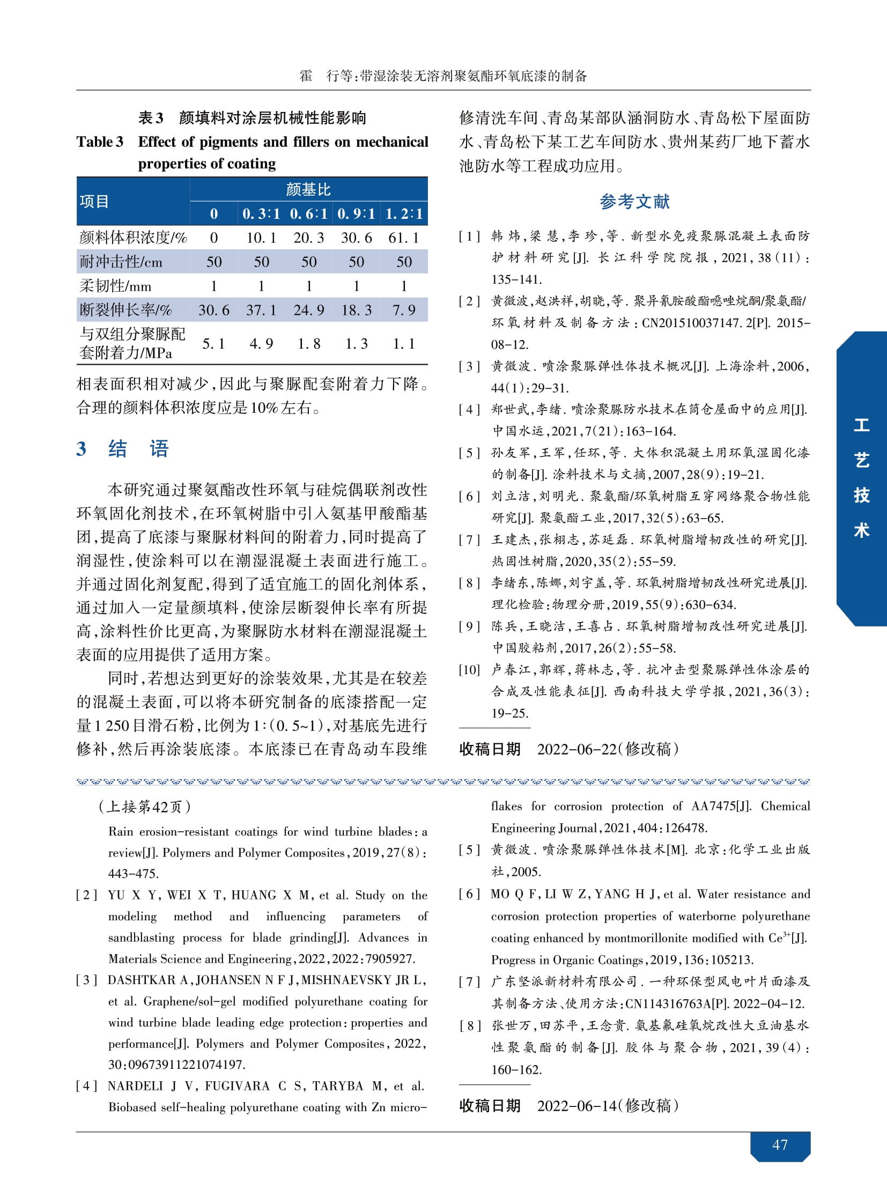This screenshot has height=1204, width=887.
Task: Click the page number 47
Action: point(780,1144)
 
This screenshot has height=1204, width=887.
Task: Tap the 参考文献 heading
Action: point(634,202)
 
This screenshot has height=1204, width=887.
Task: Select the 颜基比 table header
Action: point(308,189)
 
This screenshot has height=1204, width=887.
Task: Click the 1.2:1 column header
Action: point(404,214)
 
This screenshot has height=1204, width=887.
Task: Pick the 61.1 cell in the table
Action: point(404,238)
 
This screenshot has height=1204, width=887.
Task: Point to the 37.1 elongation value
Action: point(261,310)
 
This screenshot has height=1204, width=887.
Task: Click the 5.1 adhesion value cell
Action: point(213,344)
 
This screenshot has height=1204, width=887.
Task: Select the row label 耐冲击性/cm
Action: point(121,262)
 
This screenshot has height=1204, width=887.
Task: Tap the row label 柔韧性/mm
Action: point(115,286)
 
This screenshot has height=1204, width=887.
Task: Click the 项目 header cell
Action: point(94,202)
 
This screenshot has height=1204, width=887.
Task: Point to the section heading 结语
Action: point(138,448)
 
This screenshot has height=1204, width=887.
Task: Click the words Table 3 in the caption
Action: point(100,142)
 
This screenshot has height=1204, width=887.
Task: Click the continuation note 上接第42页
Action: point(145,807)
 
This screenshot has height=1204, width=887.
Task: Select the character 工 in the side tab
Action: point(861,425)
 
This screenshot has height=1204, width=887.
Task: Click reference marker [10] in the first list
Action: point(469,670)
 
